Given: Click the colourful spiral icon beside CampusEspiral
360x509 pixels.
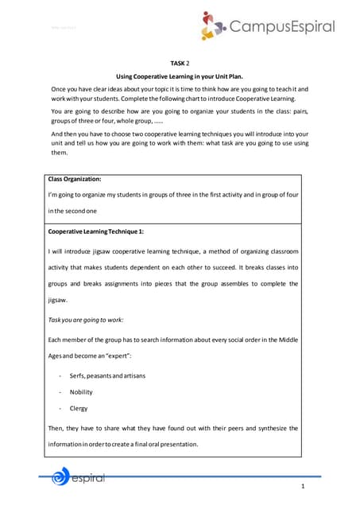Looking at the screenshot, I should coord(213,25).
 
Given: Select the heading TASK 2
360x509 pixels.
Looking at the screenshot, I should coord(180,62).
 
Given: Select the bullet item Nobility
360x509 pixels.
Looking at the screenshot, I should coord(81,392).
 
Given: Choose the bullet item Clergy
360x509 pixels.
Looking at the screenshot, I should coord(79,408).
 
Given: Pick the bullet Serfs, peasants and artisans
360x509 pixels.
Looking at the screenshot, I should coord(109,375).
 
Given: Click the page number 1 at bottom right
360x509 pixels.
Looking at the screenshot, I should coord(304,486).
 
